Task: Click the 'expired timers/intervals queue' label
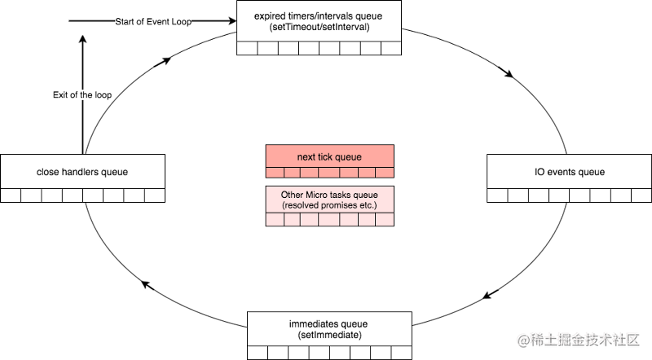318,16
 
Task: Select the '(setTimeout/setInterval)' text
319,27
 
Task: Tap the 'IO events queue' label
570,172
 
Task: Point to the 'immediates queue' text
328,324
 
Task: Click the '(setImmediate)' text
329,335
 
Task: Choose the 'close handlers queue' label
82,172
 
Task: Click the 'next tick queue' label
329,157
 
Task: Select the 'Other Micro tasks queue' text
329,195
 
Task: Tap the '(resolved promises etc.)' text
329,205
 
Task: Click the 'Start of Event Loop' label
153,22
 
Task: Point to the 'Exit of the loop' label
82,94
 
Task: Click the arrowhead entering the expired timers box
232,21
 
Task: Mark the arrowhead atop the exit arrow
83,39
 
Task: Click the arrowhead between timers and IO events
509,74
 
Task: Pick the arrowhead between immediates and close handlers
146,285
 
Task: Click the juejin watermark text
579,340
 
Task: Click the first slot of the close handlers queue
11,195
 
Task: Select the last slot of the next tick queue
385,173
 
